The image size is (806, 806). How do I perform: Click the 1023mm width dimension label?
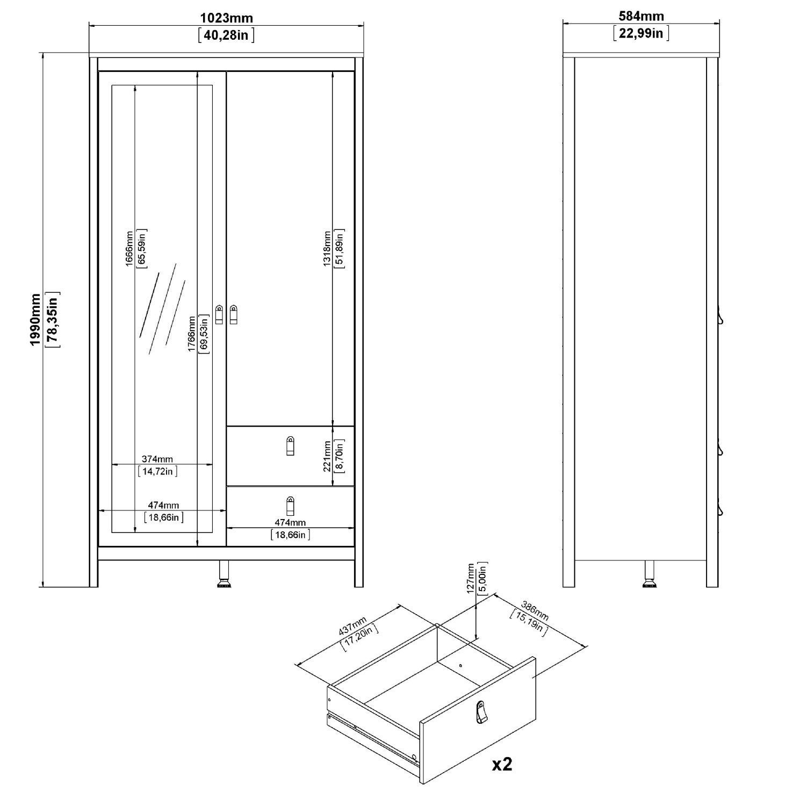click(226, 18)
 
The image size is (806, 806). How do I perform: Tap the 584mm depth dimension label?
click(641, 17)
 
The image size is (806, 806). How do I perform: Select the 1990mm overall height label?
click(35, 320)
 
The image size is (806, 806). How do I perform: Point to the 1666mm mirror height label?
click(129, 248)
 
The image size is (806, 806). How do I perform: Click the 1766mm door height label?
click(192, 334)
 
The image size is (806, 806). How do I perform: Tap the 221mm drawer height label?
click(327, 457)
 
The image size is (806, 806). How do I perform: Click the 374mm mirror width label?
click(157, 459)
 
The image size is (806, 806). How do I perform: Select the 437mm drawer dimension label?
click(352, 627)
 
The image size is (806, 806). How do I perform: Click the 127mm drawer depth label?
click(471, 578)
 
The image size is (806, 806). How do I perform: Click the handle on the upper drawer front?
click(291, 445)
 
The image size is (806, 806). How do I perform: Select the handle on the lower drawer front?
click(291, 506)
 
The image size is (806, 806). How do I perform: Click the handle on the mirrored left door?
click(219, 315)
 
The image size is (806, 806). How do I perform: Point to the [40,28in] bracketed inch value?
click(226, 35)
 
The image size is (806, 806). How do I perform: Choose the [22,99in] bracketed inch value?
click(641, 33)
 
